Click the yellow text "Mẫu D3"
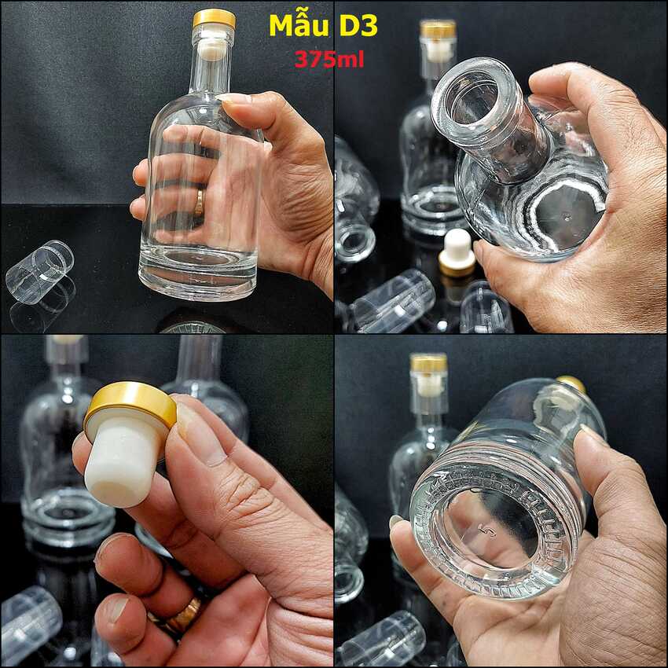point(323,26)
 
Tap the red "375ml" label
point(329,60)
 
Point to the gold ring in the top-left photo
point(199,203)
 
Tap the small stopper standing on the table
point(457,252)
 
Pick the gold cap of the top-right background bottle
point(438,30)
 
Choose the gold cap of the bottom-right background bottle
point(428,362)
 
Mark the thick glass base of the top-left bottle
point(198,279)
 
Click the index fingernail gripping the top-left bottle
point(237,101)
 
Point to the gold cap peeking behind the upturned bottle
point(572,383)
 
